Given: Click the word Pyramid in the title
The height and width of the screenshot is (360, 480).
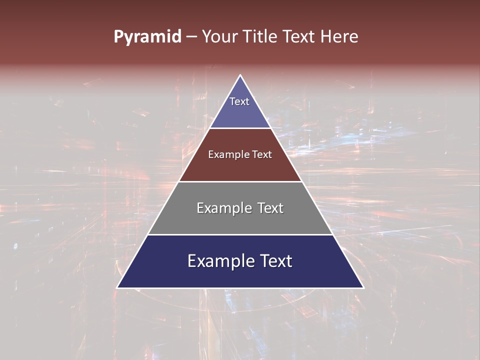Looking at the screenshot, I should click(x=147, y=37).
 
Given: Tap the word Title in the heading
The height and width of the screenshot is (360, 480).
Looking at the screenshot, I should click(x=261, y=37).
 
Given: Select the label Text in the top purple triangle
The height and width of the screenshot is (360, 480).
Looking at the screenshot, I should click(x=239, y=101).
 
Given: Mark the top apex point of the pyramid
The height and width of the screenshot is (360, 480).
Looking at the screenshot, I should click(x=240, y=75).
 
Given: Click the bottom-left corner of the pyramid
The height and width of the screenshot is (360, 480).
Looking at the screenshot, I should click(x=117, y=287).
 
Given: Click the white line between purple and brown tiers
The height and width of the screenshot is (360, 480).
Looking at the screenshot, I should click(x=240, y=128).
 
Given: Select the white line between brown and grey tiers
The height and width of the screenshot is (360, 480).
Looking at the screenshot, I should click(x=240, y=181).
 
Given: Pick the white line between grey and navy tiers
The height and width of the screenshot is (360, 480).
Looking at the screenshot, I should click(x=240, y=234).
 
